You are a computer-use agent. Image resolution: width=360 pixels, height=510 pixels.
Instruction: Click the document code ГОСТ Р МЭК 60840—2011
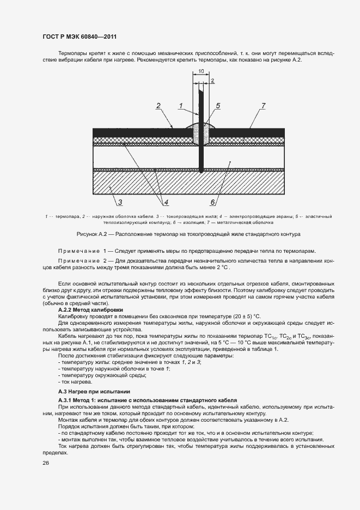[80, 37]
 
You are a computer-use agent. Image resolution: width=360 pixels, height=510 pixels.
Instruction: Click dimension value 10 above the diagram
[201, 71]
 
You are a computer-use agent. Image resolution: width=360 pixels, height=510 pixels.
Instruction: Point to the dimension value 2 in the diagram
[212, 81]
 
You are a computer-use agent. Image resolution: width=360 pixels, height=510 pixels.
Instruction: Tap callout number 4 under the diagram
[166, 203]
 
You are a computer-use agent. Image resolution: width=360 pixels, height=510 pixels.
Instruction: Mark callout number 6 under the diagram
[213, 203]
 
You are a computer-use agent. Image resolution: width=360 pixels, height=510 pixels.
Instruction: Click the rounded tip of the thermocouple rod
[201, 172]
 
